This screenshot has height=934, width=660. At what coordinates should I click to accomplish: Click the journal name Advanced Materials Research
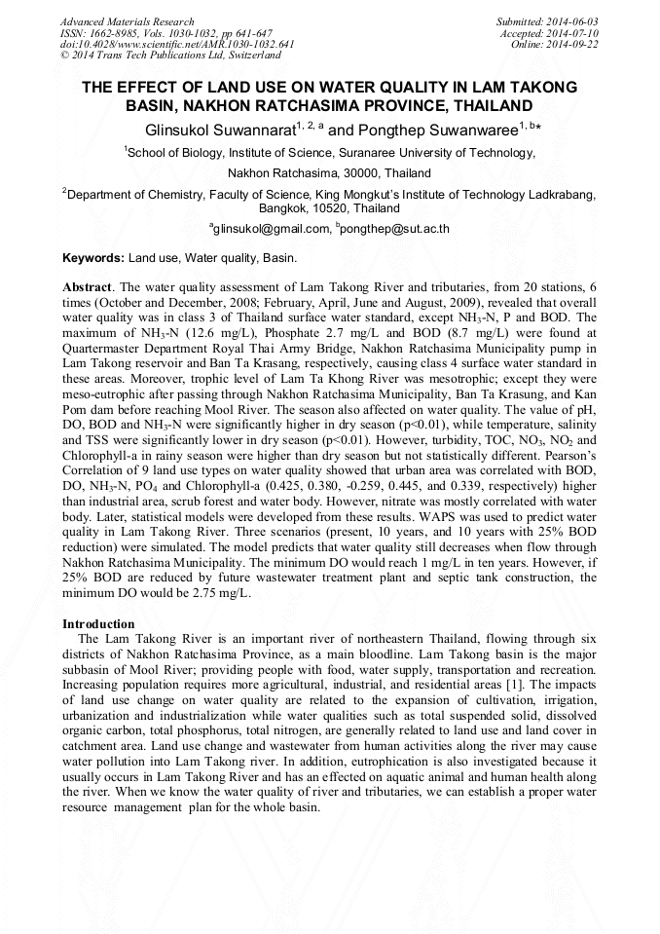(x=127, y=21)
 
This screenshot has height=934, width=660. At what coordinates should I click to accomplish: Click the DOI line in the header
(x=178, y=45)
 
